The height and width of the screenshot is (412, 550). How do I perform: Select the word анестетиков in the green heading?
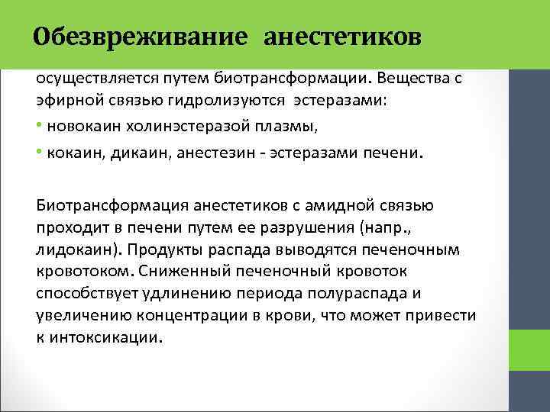342,37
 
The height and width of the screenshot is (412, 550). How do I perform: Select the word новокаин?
77,125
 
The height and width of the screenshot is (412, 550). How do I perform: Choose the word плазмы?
246,125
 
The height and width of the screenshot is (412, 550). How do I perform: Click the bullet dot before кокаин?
39,152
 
